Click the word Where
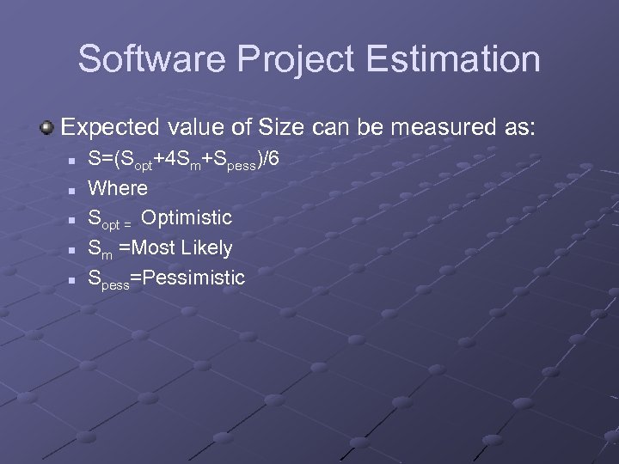click(x=118, y=187)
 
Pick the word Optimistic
click(x=187, y=218)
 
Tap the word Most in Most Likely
click(x=145, y=248)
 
